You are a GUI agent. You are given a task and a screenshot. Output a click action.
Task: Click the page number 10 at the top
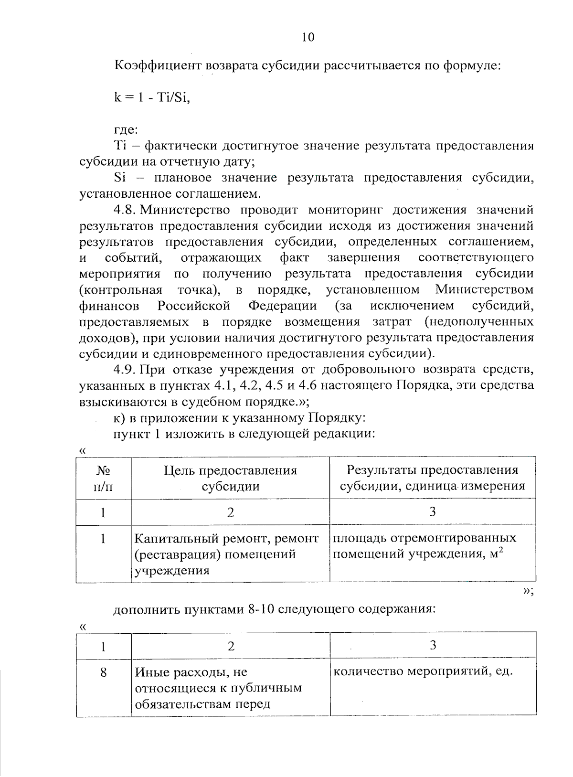pyautogui.click(x=308, y=38)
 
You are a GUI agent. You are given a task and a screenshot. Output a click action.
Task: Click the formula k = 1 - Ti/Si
pyautogui.click(x=152, y=97)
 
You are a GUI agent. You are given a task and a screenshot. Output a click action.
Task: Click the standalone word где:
pyautogui.click(x=126, y=129)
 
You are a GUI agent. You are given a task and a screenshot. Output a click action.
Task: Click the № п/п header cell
pyautogui.click(x=103, y=479)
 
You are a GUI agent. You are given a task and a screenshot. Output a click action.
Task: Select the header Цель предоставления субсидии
pyautogui.click(x=230, y=479)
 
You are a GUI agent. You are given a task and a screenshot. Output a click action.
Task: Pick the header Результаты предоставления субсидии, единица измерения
pyautogui.click(x=432, y=479)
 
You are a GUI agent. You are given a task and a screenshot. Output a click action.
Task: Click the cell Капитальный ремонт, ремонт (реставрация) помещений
pyautogui.click(x=226, y=554)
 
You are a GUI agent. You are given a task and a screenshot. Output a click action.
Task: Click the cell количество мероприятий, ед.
pyautogui.click(x=423, y=671)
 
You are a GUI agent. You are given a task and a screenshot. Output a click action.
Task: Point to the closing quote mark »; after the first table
pyautogui.click(x=527, y=591)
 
